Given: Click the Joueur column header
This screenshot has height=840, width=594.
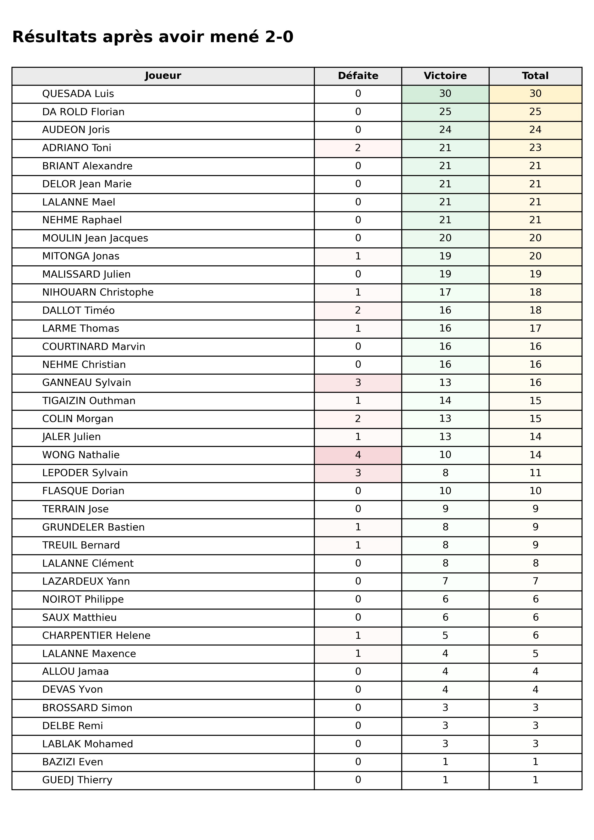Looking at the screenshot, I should (x=163, y=76).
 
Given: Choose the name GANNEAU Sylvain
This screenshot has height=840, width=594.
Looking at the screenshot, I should (x=86, y=383).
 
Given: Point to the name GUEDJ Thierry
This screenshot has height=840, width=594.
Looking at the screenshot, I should (x=77, y=780).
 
